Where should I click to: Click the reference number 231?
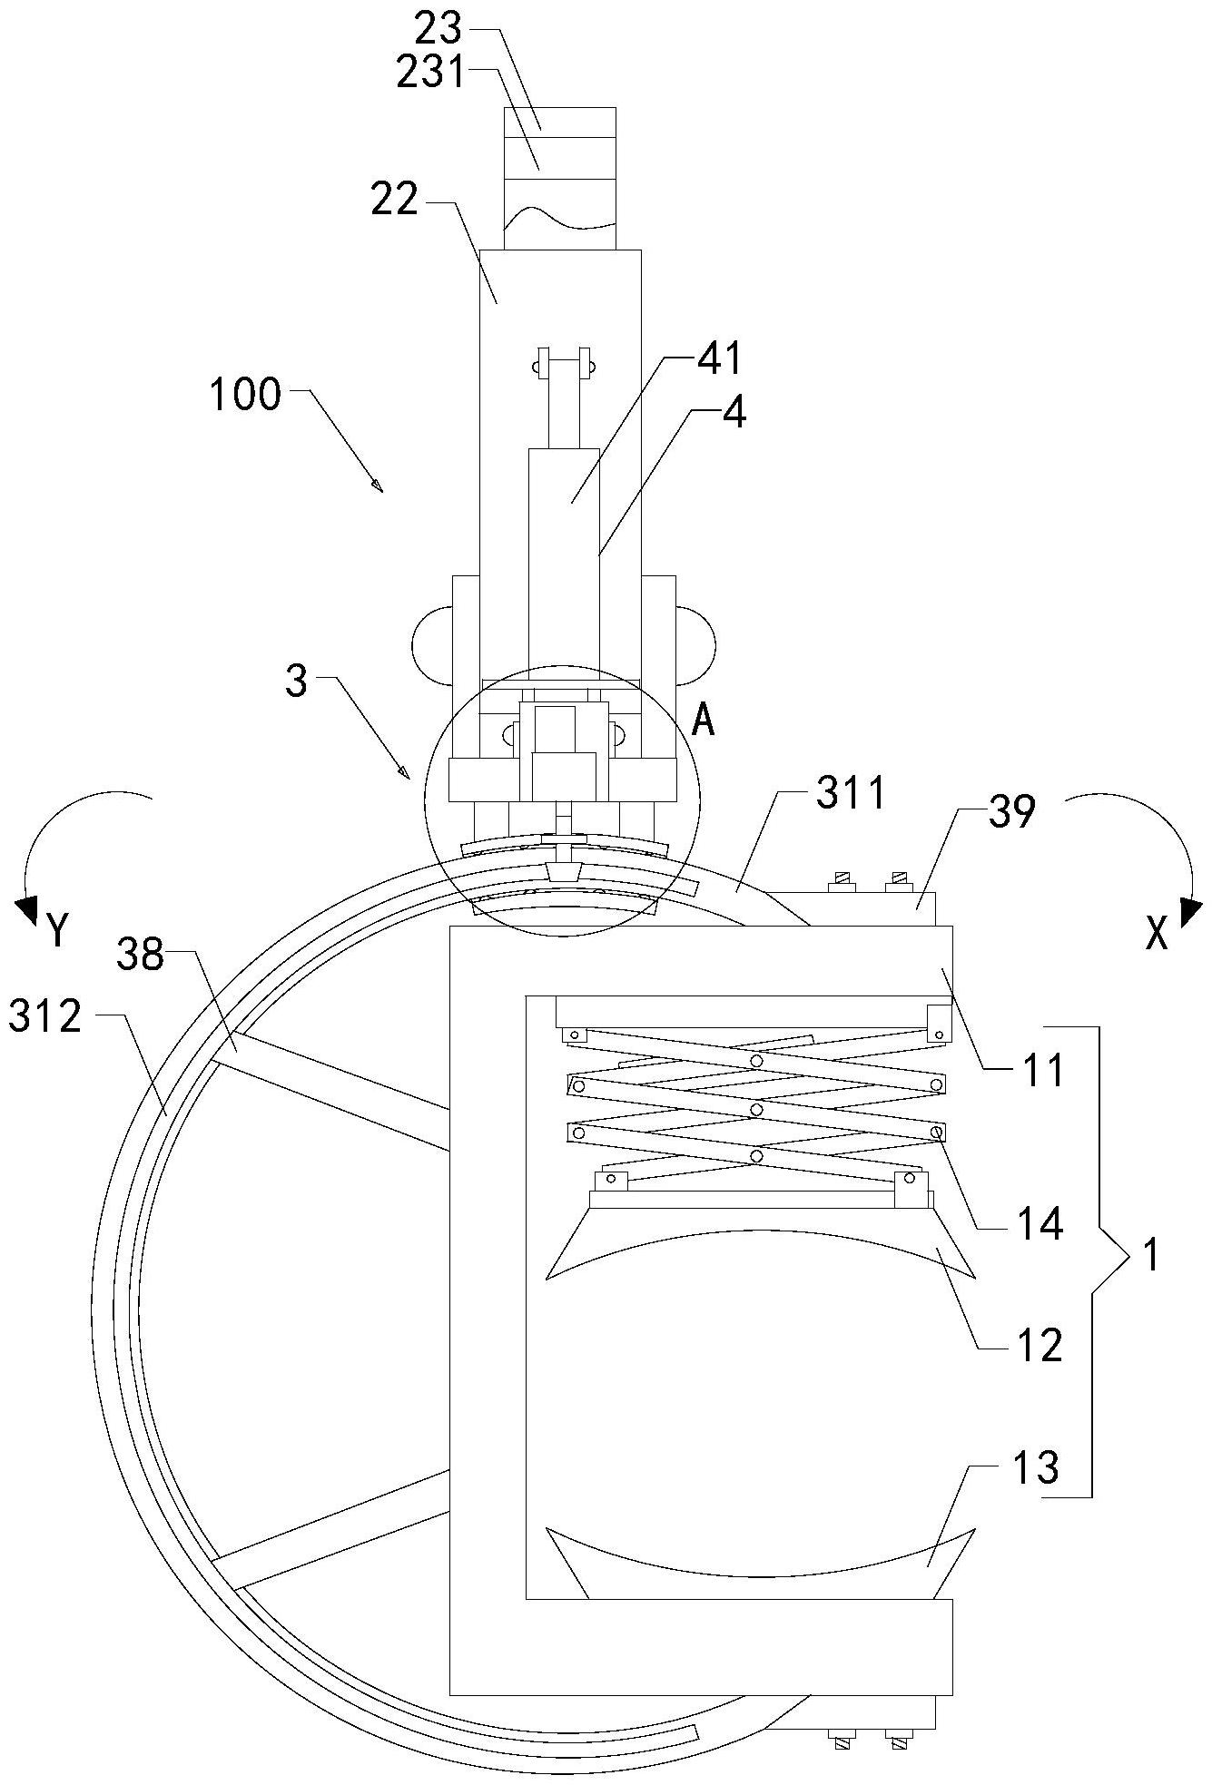pyautogui.click(x=430, y=73)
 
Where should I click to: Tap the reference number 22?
pyautogui.click(x=395, y=199)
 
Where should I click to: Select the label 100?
pyautogui.click(x=246, y=396)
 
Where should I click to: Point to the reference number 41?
pyautogui.click(x=719, y=359)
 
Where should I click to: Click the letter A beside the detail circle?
pyautogui.click(x=704, y=721)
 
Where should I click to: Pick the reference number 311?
pyautogui.click(x=850, y=794)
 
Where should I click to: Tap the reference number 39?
pyautogui.click(x=1011, y=813)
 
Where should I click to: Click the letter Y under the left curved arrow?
pyautogui.click(x=57, y=930)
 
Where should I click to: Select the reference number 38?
pyautogui.click(x=141, y=955)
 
